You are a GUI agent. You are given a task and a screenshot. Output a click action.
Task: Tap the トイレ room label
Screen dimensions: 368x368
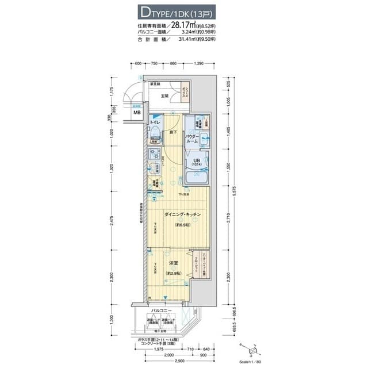[x=155, y=123]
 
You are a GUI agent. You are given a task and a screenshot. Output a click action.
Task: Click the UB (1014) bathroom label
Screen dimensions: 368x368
[x=196, y=163]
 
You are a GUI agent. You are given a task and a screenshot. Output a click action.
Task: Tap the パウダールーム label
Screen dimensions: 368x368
[x=192, y=139]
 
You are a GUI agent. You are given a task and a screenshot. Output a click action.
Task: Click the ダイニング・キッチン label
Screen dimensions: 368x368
[x=182, y=214]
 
